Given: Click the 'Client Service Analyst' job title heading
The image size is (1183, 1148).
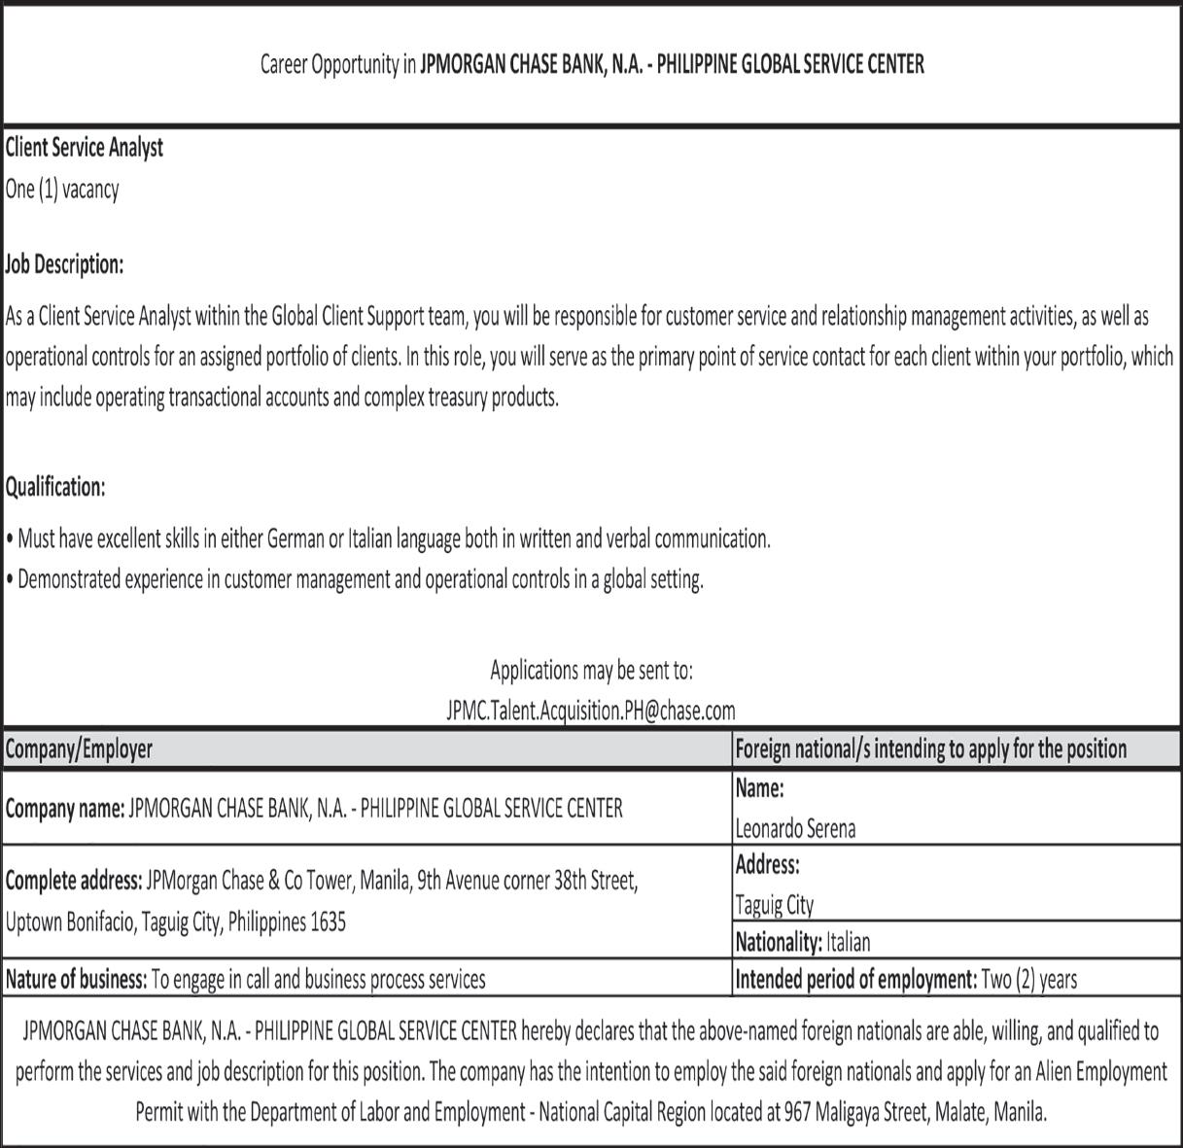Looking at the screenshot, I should point(85,148).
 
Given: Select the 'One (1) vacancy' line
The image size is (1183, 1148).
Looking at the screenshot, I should point(62,189).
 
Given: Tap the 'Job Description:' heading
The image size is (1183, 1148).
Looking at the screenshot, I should point(64,263).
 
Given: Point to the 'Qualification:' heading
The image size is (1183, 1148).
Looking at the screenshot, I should point(55,486).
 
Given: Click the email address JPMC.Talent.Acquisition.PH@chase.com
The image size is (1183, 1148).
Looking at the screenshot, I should point(591,711).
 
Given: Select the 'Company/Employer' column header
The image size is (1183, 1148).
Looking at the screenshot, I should point(79,748).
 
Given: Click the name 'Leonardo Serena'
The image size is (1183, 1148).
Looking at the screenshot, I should point(795,828).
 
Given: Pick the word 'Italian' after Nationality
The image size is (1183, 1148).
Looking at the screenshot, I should point(849,942).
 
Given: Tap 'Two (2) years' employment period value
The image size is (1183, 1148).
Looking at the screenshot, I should point(1029,980).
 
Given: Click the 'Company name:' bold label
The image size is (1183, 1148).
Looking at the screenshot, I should point(65,808).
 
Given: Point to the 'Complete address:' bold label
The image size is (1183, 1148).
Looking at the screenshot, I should point(74,881).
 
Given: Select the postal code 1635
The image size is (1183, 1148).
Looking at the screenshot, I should point(328,922).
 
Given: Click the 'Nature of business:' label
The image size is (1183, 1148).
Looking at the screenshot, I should point(76,980).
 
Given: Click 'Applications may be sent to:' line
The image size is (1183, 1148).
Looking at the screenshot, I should point(591,670).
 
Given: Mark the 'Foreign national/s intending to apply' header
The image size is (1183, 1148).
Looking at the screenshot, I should point(930,748).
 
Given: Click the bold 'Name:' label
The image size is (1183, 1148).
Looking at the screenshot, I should point(759,788).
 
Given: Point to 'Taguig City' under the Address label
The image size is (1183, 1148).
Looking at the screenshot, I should point(775,905).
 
